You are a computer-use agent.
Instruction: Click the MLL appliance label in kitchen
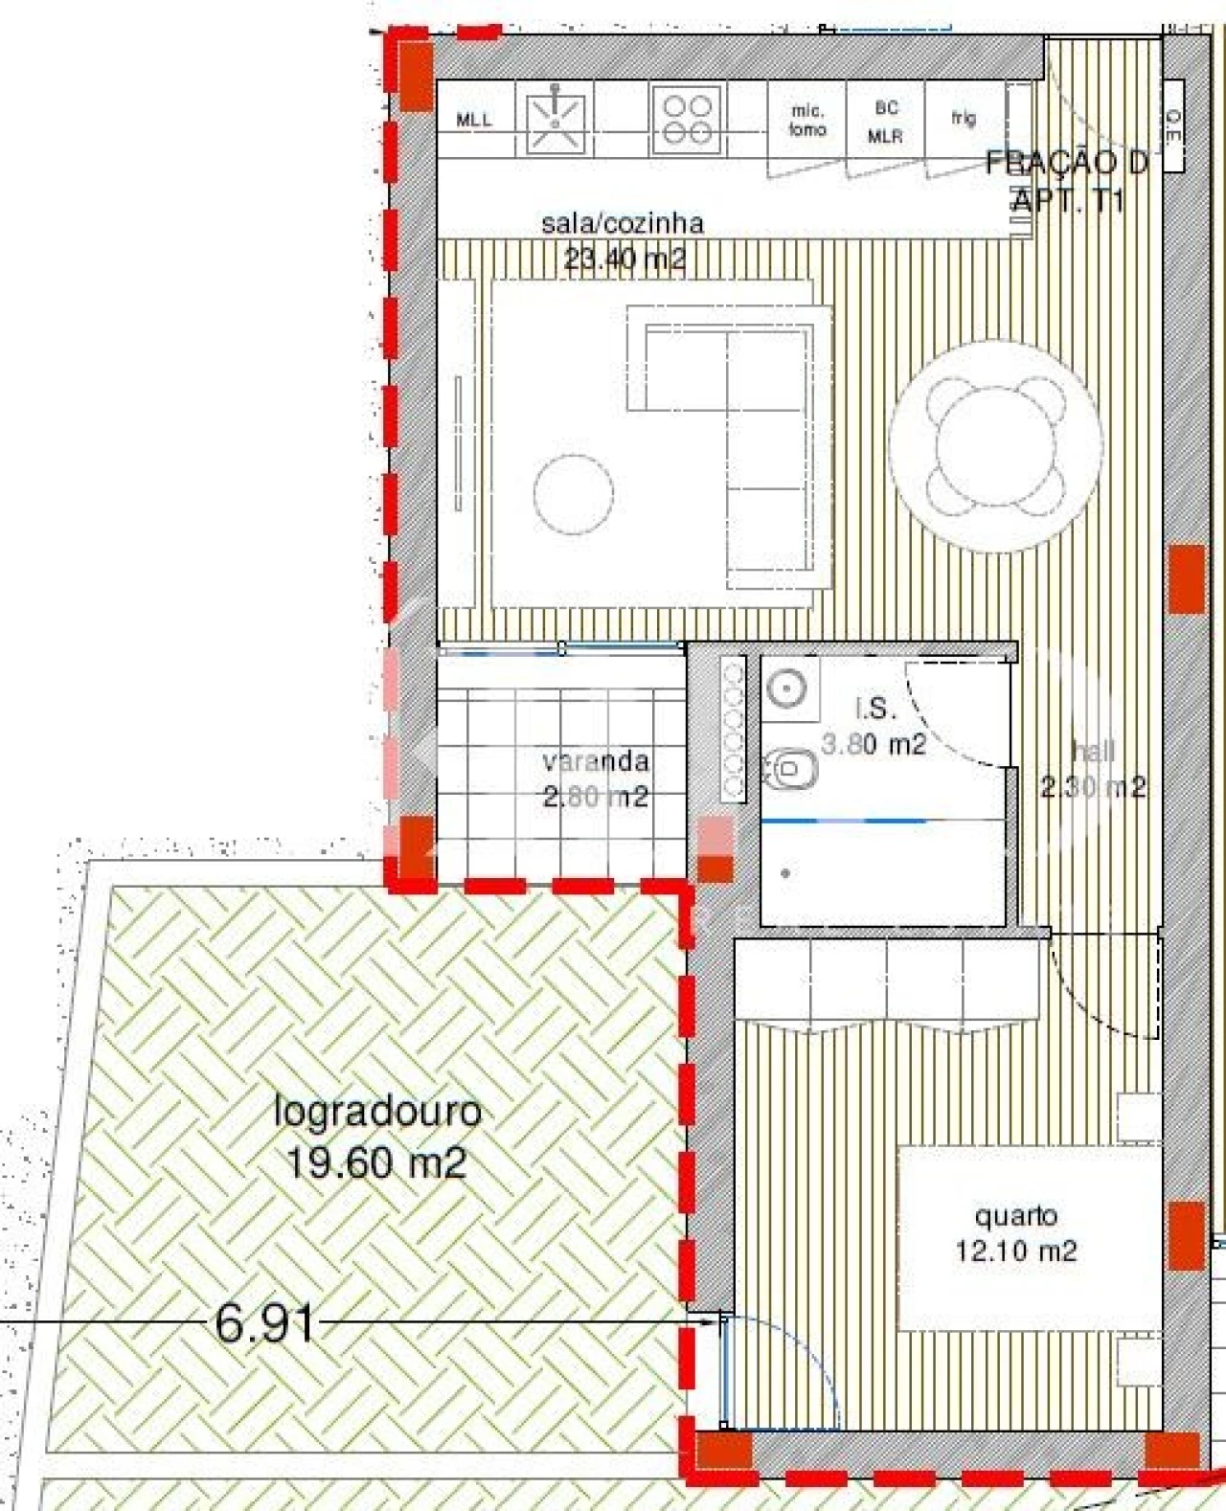(x=474, y=121)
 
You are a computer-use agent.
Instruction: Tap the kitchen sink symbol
(x=555, y=120)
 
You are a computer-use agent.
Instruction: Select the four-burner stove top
(x=687, y=120)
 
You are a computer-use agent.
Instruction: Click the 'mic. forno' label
(x=807, y=121)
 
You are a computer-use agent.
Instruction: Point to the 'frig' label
(x=964, y=118)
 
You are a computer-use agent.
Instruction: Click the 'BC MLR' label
(x=885, y=123)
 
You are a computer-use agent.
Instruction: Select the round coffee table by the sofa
(x=573, y=494)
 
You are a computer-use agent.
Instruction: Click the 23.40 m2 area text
(x=624, y=259)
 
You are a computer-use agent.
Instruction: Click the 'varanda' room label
(x=596, y=762)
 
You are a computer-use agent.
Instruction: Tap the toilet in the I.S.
(x=791, y=768)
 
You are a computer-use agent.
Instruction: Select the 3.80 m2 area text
(x=874, y=744)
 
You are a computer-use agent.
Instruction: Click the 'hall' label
(x=1094, y=752)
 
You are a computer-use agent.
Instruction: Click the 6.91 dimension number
(x=264, y=1324)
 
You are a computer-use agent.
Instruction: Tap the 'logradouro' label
(x=377, y=1113)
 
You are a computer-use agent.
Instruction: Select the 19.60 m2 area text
(x=375, y=1163)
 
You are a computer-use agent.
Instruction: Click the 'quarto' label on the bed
(x=1015, y=1216)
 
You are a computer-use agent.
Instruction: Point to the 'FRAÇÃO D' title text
(x=1066, y=163)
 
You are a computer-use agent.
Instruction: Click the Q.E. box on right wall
(x=1173, y=126)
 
